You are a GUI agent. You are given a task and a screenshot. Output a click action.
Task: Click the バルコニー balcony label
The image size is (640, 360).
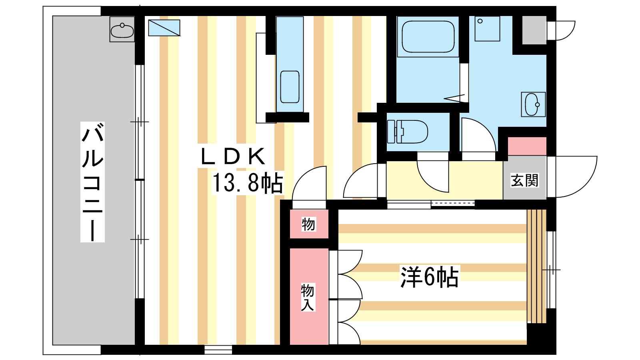(92, 182)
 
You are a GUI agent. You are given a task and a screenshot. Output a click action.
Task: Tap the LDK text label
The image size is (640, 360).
(233, 156)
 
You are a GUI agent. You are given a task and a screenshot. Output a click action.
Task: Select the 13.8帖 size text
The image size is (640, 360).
(248, 183)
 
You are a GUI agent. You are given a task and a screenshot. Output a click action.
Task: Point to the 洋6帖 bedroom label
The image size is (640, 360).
(430, 277)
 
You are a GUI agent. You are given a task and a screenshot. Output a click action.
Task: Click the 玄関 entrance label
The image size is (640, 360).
(524, 180)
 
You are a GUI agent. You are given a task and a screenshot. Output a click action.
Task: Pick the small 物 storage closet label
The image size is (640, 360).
(308, 224)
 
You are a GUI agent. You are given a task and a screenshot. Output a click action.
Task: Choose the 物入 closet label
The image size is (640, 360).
(308, 297)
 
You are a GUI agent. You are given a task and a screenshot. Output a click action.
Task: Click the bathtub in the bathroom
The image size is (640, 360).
(428, 36)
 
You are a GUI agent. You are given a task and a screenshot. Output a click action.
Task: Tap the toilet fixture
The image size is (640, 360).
(408, 132)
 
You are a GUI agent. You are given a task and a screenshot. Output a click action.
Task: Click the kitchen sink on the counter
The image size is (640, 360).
(290, 87)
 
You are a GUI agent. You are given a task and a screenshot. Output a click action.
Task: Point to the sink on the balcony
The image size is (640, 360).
(122, 29)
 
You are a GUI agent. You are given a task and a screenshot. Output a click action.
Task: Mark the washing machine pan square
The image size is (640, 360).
(488, 28)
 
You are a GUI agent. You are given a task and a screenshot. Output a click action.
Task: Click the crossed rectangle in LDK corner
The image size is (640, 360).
(164, 28)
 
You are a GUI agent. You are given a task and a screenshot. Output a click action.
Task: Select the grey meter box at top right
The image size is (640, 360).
(534, 30)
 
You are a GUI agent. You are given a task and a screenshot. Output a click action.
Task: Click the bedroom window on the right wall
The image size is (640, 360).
(551, 270)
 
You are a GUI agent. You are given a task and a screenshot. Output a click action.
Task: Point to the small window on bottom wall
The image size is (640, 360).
(218, 350)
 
